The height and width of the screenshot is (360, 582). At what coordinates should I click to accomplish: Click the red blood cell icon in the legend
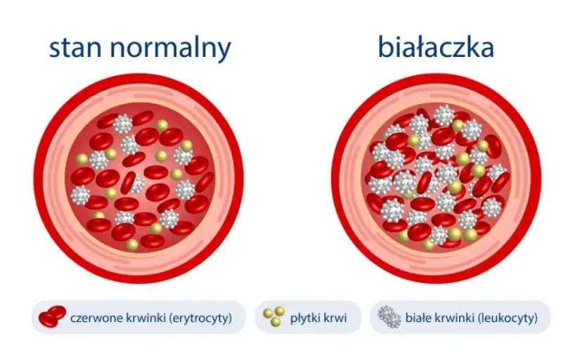click(x=52, y=317)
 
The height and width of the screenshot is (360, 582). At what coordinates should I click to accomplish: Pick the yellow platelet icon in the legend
click(x=273, y=317)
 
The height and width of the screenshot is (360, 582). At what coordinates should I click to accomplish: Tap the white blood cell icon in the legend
click(x=389, y=317)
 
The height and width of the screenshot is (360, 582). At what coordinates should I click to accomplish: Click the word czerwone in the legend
click(x=94, y=318)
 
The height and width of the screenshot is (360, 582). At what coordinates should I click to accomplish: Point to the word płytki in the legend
click(x=304, y=318)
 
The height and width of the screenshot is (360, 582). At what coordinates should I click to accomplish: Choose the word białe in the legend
click(x=419, y=318)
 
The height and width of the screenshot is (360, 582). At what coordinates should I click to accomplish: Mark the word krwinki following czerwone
click(x=143, y=318)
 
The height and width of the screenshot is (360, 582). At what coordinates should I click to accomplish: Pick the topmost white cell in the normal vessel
click(x=123, y=124)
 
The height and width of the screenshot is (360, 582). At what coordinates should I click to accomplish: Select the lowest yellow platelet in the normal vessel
click(x=132, y=245)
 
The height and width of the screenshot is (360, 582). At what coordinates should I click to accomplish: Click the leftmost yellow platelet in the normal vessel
click(x=82, y=159)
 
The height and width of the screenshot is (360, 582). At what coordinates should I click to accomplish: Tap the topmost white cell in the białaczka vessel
click(x=444, y=115)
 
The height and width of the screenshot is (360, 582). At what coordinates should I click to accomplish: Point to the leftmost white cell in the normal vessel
click(x=81, y=194)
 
